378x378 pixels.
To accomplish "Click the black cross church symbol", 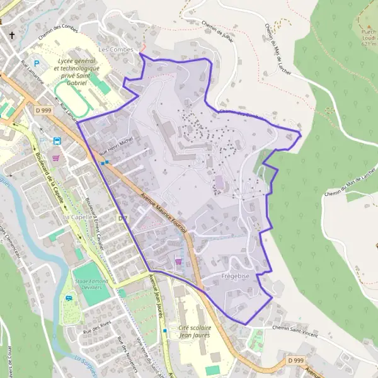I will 11,35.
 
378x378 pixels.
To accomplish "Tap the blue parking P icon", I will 37,63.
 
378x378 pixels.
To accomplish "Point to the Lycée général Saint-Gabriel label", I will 79,71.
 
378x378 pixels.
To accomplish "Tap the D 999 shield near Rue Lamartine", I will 43,110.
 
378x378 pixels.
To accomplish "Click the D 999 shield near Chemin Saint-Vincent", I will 295,360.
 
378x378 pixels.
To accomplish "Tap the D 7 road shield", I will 123,218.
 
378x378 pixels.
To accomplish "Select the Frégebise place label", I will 236,277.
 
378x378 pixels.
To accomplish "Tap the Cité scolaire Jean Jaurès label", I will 192,332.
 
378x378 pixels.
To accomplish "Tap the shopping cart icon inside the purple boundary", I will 178,261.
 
